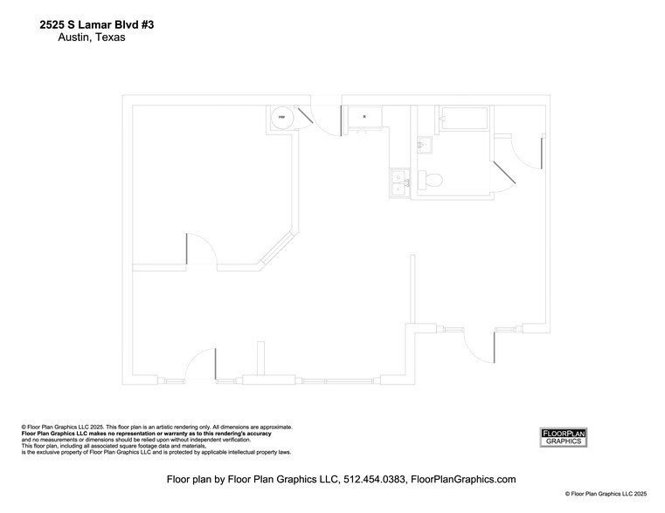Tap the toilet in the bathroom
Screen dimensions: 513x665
pyautogui.click(x=432, y=180)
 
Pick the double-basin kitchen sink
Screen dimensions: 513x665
pyautogui.click(x=398, y=181)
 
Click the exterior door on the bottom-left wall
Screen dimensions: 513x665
pyautogui.click(x=202, y=362)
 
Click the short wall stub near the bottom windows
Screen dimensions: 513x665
pyautogui.click(x=260, y=359)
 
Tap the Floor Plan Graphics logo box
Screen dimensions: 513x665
pyautogui.click(x=564, y=437)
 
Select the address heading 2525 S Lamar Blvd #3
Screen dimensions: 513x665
pyautogui.click(x=96, y=26)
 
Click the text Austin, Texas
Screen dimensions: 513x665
pyautogui.click(x=92, y=38)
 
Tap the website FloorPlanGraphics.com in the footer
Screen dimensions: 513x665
pyautogui.click(x=463, y=479)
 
